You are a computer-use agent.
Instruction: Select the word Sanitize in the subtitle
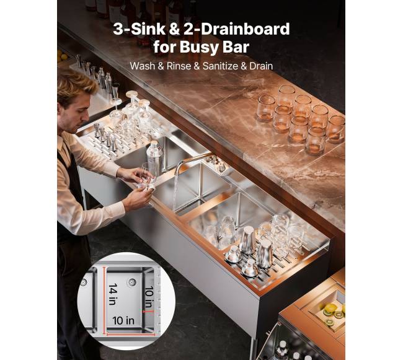coord(220,66)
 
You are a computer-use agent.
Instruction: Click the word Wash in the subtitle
coord(143,66)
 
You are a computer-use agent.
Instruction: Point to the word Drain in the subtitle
coord(261,66)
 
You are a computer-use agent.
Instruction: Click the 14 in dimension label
coord(112,294)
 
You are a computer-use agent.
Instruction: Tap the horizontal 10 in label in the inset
coord(123,320)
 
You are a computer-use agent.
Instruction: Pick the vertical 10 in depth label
coord(148,297)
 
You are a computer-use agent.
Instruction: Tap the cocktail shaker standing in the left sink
coord(154,157)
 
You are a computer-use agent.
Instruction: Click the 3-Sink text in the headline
coord(139,29)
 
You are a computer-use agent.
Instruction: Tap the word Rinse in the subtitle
coord(179,66)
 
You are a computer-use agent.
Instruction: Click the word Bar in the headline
coord(236,47)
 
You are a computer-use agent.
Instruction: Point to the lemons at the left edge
coord(61,56)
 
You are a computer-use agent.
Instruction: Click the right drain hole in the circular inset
coord(132,282)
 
